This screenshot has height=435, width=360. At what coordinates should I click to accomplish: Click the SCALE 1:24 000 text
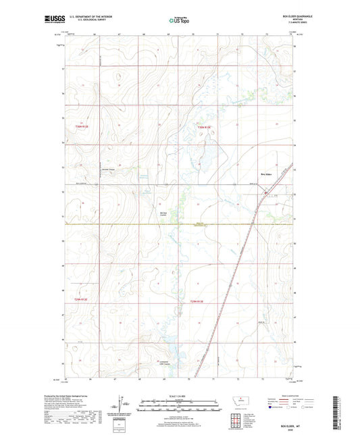(x=179, y=396)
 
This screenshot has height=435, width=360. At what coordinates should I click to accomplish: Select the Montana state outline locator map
(x=239, y=401)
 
